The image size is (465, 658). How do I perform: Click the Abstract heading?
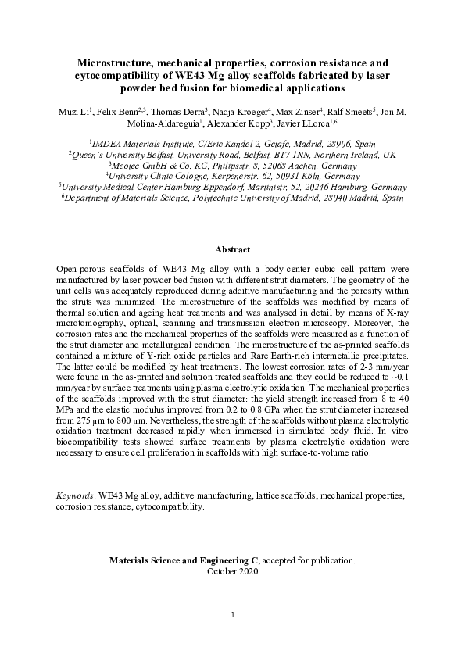point(232,249)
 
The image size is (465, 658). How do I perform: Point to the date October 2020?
point(232,571)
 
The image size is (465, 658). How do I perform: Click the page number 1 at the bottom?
point(232,615)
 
